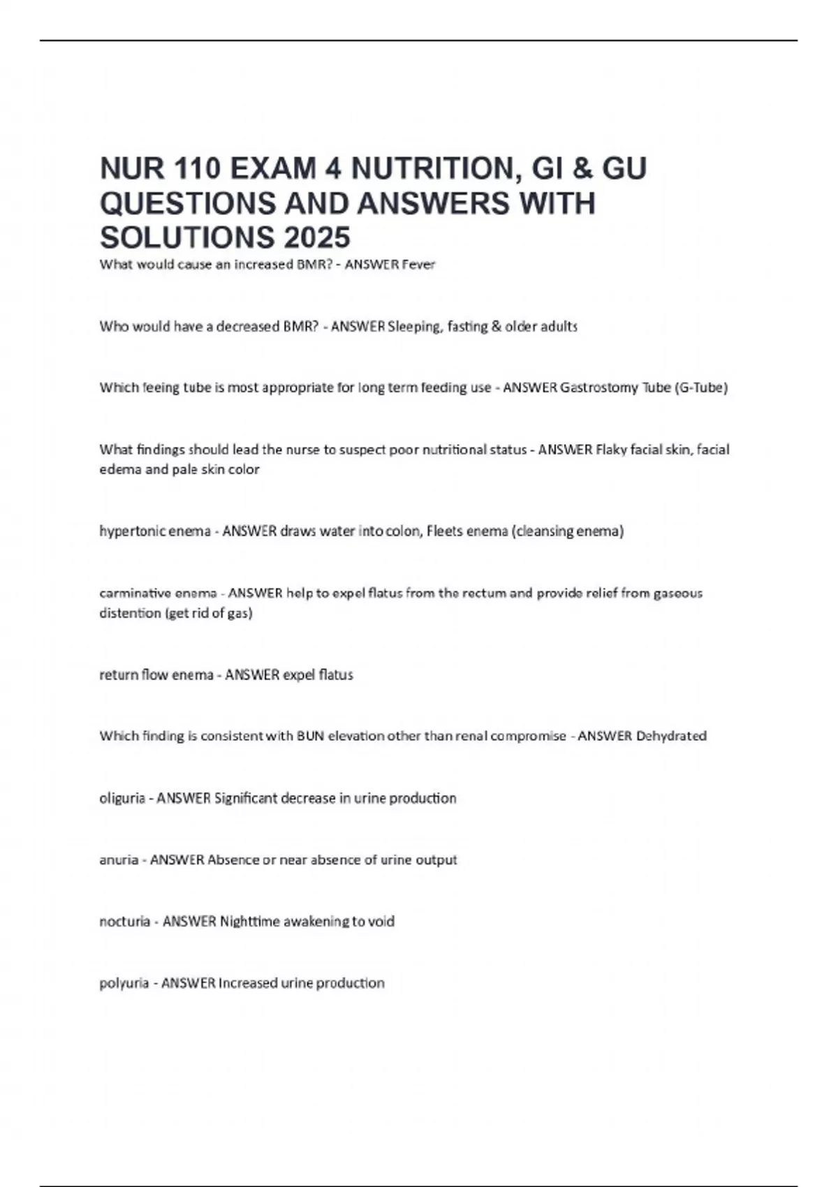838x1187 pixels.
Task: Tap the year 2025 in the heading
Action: [x=317, y=237]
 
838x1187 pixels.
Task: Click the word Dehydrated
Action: [x=671, y=736]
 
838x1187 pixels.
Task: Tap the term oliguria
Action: [x=122, y=798]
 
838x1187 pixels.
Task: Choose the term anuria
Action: [x=119, y=860]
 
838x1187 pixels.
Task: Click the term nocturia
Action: [x=125, y=922]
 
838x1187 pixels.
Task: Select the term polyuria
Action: [x=124, y=983]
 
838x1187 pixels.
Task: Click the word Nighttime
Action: [x=250, y=922]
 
